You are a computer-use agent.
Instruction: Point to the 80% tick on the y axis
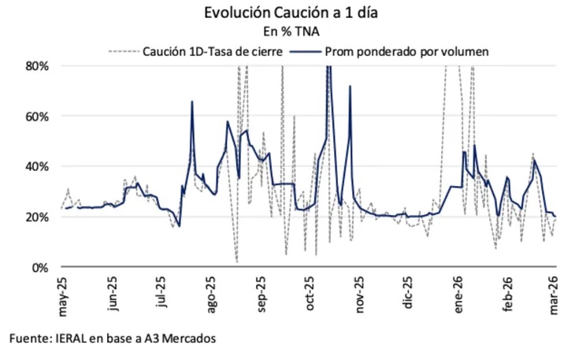(x=38, y=66)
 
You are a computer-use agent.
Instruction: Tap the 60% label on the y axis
(x=38, y=117)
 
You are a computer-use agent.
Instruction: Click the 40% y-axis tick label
(x=38, y=167)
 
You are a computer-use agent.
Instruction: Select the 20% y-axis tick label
(x=38, y=217)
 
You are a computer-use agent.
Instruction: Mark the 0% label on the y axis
(x=41, y=268)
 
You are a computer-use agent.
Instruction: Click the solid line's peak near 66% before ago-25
(x=191, y=102)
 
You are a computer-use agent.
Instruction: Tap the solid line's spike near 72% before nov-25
(x=351, y=86)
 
